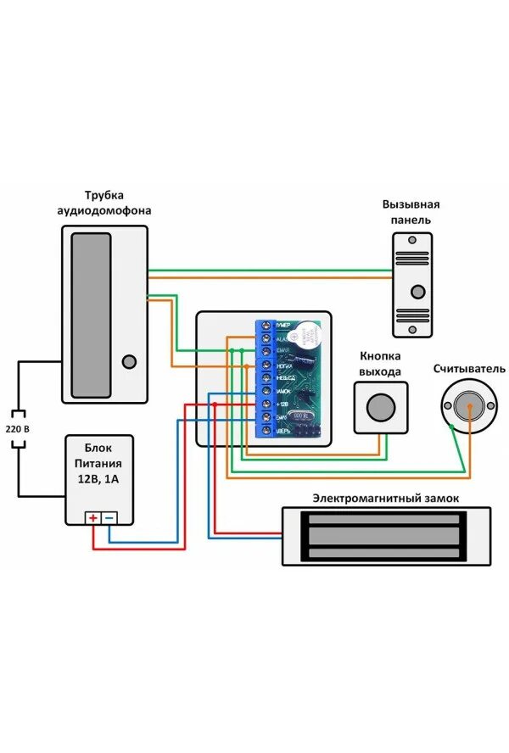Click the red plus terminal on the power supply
93,517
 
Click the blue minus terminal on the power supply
109,517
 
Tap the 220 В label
18,429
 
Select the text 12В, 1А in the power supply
102,479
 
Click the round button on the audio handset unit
129,361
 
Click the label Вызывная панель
411,212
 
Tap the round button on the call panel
417,292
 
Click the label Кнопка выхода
380,365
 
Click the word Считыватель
469,369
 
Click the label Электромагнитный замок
386,498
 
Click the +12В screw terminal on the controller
266,404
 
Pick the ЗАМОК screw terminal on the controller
266,390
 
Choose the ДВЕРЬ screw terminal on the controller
266,432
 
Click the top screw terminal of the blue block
266,326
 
